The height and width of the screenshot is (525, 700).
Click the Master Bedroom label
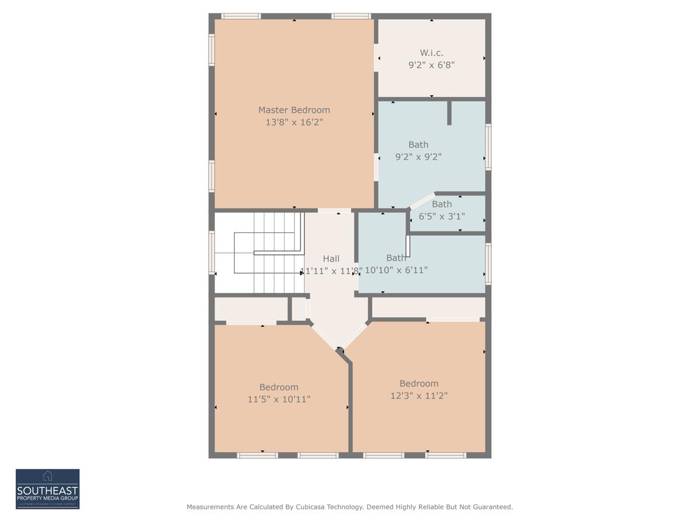click(x=294, y=110)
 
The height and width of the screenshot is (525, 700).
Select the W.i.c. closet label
click(x=431, y=52)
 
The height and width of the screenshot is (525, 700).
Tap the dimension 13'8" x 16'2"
click(x=294, y=122)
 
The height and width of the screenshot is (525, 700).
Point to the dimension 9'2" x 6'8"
click(x=431, y=65)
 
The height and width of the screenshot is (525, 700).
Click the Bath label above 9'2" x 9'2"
click(x=418, y=144)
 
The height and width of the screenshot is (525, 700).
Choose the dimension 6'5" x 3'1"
click(x=442, y=216)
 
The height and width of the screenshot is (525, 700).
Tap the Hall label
click(x=331, y=258)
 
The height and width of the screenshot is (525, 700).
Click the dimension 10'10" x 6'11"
click(x=397, y=270)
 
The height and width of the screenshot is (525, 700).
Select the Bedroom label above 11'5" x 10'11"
click(x=279, y=387)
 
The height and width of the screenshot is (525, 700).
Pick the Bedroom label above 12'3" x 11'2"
click(x=419, y=383)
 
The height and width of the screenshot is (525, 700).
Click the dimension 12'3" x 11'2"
click(x=419, y=395)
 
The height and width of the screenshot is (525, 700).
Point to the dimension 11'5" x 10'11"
click(x=279, y=400)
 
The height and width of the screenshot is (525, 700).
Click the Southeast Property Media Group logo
click(x=47, y=489)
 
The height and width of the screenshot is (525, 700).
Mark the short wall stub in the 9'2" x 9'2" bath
click(x=449, y=113)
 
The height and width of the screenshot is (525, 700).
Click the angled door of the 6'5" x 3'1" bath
click(x=422, y=200)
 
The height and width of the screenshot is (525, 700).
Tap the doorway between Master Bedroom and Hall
click(x=334, y=210)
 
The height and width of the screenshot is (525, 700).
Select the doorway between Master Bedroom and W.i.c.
click(x=376, y=58)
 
